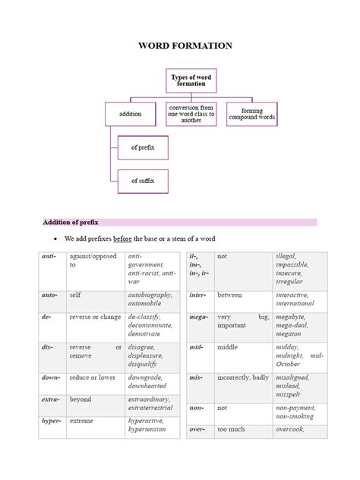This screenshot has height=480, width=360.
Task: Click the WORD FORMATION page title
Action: (185, 46)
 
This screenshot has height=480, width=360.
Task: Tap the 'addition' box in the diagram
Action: (131, 114)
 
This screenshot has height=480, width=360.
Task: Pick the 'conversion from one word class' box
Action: (191, 114)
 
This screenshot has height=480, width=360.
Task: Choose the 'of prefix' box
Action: (142, 147)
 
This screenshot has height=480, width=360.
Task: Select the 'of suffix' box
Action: (142, 181)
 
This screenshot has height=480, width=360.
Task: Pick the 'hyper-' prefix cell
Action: (50, 419)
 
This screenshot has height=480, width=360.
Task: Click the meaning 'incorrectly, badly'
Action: (243, 377)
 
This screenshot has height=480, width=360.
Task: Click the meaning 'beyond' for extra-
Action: (81, 399)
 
